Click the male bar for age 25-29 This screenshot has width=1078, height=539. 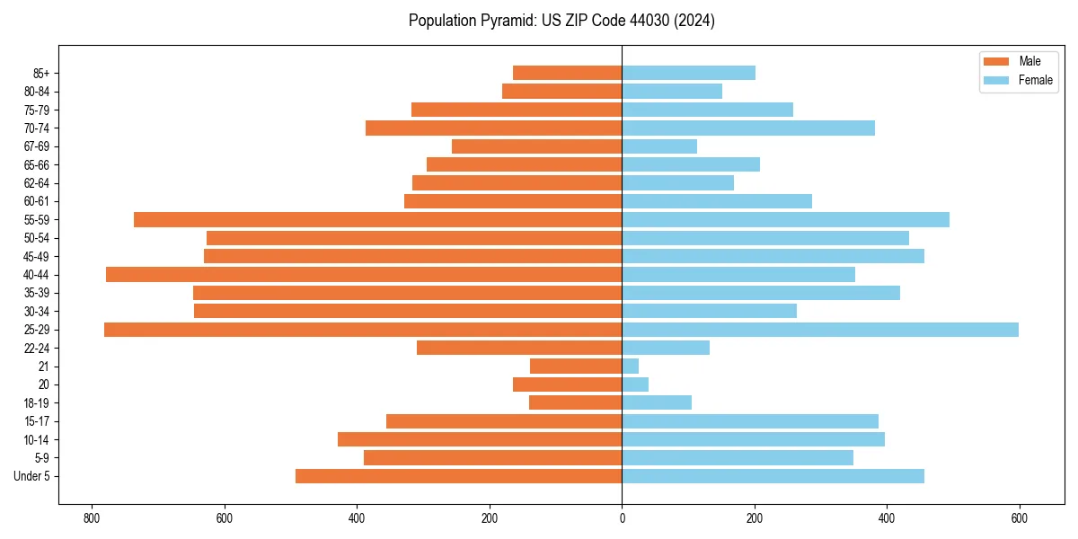point(363,330)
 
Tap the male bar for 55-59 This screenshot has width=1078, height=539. point(377,220)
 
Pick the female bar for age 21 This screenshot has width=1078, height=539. point(631,367)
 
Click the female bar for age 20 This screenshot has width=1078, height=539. point(635,384)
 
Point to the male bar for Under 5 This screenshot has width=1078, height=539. point(458,476)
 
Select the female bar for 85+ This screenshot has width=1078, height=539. point(688,73)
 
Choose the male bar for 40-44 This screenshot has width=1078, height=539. point(364,275)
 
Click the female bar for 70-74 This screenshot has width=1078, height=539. point(748,128)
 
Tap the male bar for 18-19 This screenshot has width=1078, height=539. point(576,403)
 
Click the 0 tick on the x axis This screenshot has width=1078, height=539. point(622,518)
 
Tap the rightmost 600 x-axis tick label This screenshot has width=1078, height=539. point(1019,518)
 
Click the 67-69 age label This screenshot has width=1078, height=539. point(36,146)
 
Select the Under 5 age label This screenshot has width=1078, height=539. point(31,476)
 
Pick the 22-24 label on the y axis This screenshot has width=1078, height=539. point(36,349)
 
